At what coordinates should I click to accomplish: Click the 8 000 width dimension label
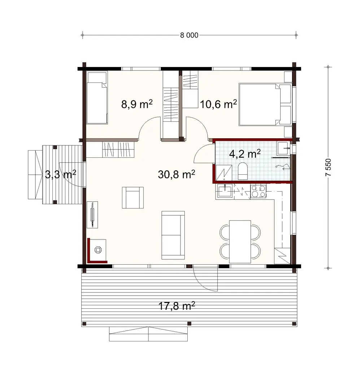[x=189, y=35]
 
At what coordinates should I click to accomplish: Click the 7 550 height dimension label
[x=328, y=167]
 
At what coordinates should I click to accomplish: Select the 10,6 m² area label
[x=218, y=104]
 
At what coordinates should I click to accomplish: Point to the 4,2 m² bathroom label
[x=245, y=154]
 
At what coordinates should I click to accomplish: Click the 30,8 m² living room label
[x=177, y=175]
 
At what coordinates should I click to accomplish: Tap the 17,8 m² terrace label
[x=177, y=306]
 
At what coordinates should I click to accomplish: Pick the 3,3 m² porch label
[x=60, y=175]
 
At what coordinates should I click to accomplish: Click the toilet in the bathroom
[x=243, y=171]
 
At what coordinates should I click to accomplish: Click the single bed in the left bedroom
[x=97, y=103]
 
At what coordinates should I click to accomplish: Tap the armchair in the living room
[x=133, y=197]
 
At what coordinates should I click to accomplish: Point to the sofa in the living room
[x=173, y=235]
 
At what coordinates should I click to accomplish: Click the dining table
[x=240, y=241]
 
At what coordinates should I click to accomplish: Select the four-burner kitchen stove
[x=258, y=191]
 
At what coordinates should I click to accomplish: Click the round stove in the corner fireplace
[x=98, y=249]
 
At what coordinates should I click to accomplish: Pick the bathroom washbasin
[x=283, y=147]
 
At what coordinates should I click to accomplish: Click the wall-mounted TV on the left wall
[x=93, y=215]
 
